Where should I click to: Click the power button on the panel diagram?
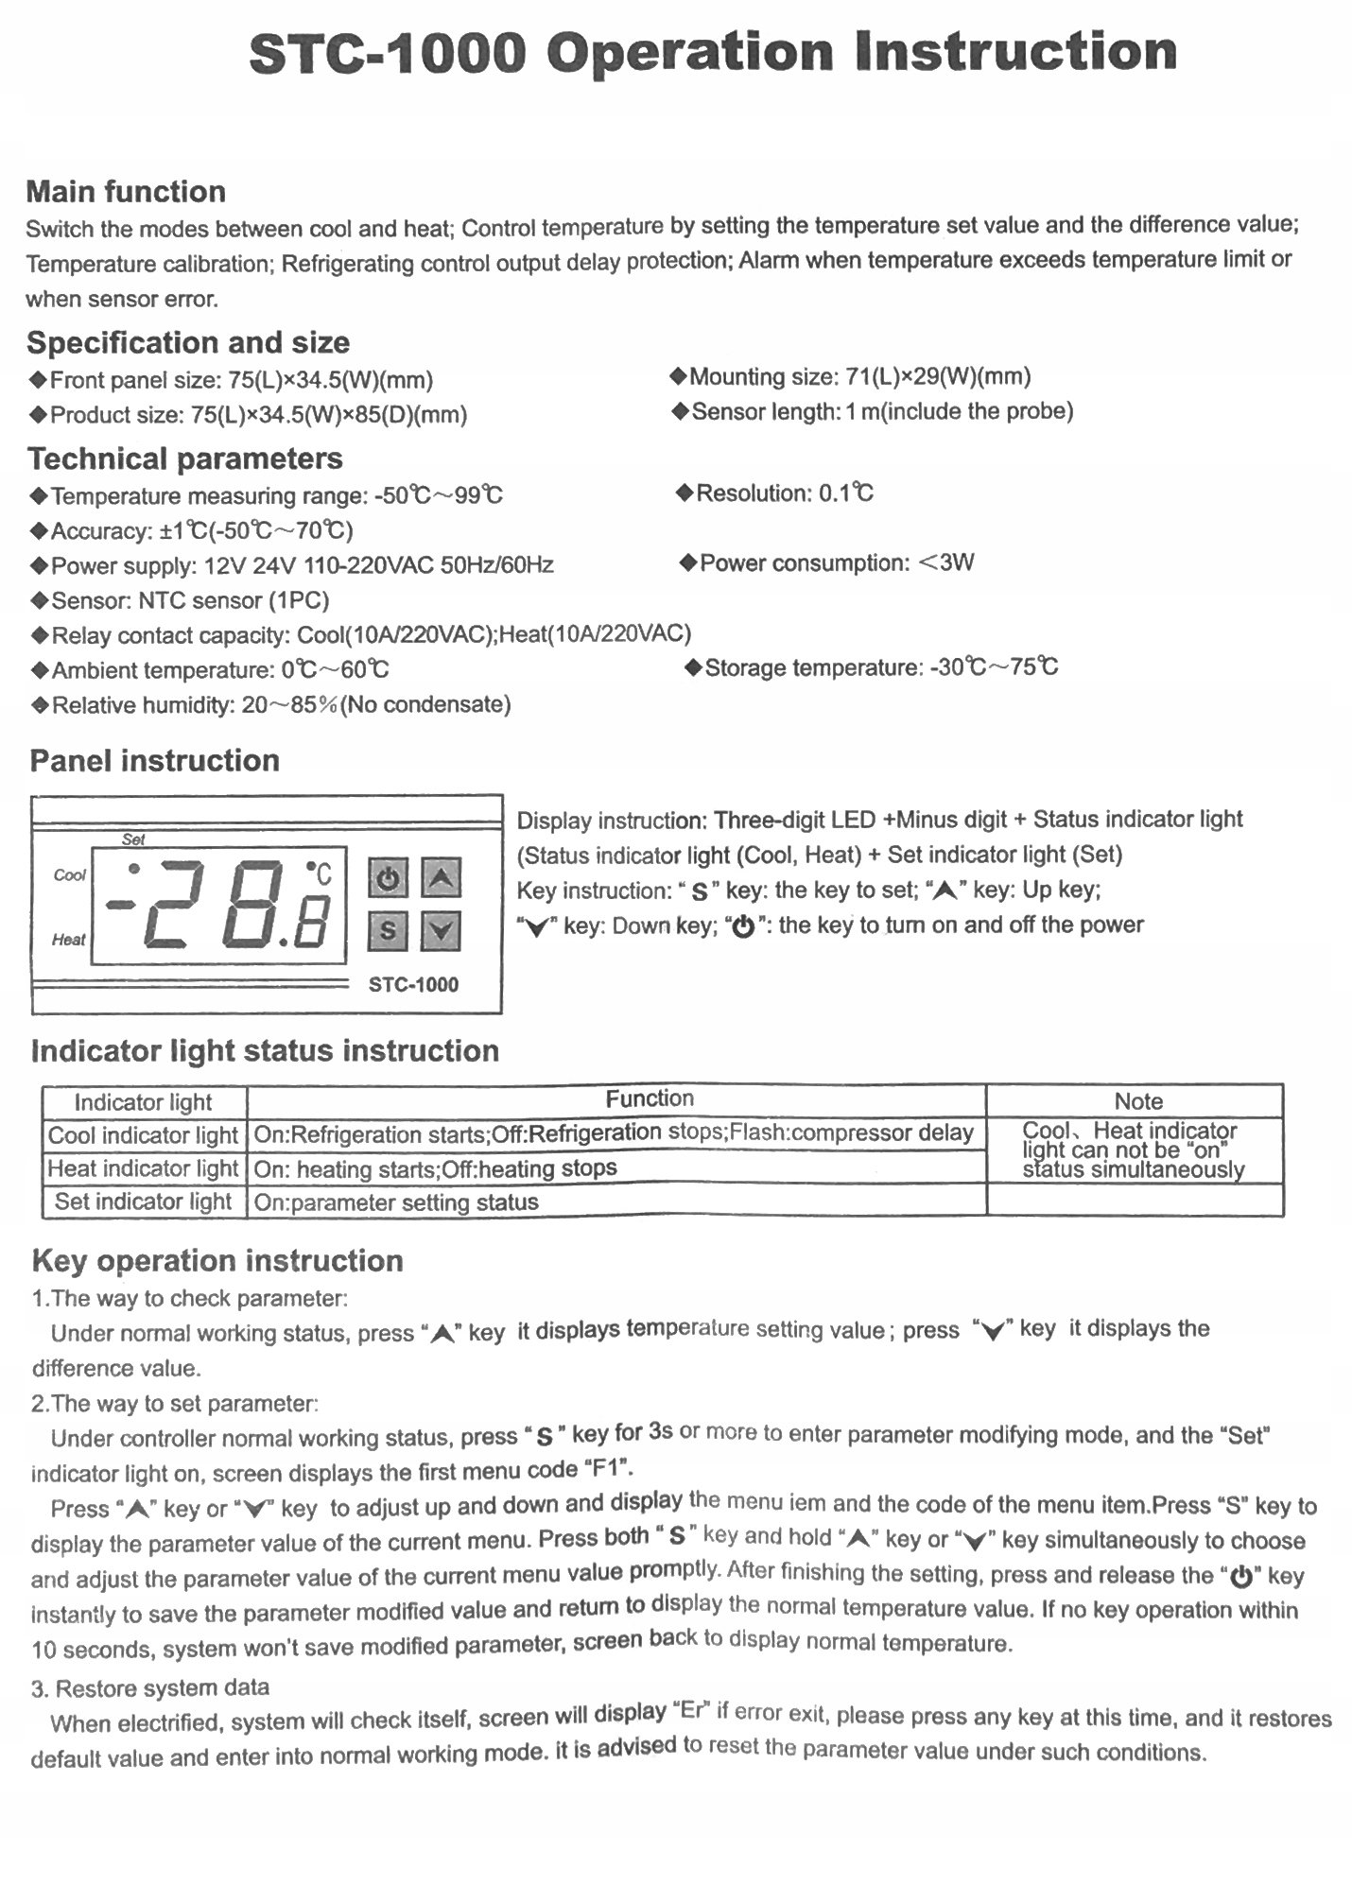tap(387, 879)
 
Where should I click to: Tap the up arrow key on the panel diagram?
tap(441, 879)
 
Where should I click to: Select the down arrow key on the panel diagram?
tap(441, 931)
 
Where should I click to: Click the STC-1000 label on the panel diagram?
tap(413, 985)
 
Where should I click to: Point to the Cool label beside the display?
tap(69, 875)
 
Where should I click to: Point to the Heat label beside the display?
tap(68, 940)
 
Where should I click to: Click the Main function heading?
tap(126, 192)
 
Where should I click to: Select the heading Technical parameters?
tap(185, 458)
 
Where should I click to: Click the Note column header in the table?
tap(1137, 1101)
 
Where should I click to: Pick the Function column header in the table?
tap(650, 1098)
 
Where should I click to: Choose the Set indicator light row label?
tap(143, 1202)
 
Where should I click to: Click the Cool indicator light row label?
tap(143, 1135)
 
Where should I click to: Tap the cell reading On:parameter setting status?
tap(396, 1202)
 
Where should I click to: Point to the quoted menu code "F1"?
tap(610, 1470)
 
